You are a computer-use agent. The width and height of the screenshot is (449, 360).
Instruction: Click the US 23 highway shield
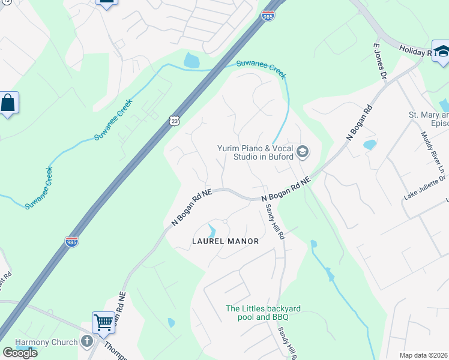[174, 121]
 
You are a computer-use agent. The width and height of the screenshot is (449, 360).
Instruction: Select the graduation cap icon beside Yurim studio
[303, 152]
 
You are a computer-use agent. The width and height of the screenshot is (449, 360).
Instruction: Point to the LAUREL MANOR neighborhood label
[225, 241]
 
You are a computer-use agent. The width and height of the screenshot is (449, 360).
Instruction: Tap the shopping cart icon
[103, 322]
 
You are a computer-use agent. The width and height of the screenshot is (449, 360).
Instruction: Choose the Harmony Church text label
[46, 342]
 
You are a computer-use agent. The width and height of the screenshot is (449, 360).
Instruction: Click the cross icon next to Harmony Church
[88, 342]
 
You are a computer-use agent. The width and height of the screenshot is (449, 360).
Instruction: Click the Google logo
[20, 353]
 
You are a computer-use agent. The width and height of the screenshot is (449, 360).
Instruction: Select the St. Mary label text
[428, 115]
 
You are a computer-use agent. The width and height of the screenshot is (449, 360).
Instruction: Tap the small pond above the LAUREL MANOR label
[211, 230]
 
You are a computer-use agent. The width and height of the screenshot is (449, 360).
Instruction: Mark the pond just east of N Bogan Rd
[370, 145]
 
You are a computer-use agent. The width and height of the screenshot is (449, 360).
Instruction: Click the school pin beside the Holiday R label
[441, 52]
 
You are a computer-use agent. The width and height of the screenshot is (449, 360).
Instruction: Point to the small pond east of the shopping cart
[171, 323]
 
